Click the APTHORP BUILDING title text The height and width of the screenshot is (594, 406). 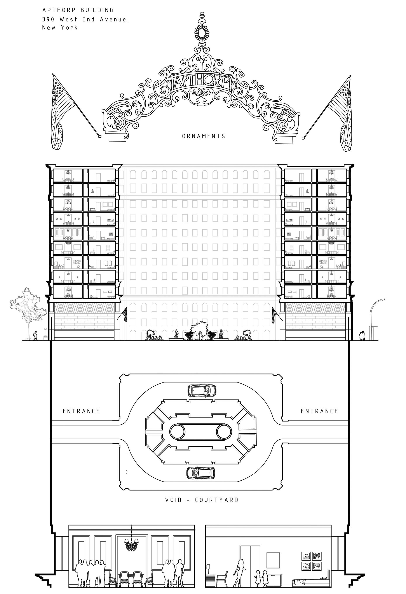click(x=78, y=10)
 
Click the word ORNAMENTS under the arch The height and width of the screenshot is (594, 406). click(x=204, y=136)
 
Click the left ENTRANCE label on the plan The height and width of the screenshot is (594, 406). click(x=81, y=411)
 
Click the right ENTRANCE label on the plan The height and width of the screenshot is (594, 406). click(x=319, y=411)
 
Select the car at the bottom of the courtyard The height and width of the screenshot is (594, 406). click(x=200, y=473)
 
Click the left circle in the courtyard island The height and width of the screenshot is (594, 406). click(x=177, y=432)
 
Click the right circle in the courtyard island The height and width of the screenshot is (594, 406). click(x=224, y=432)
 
